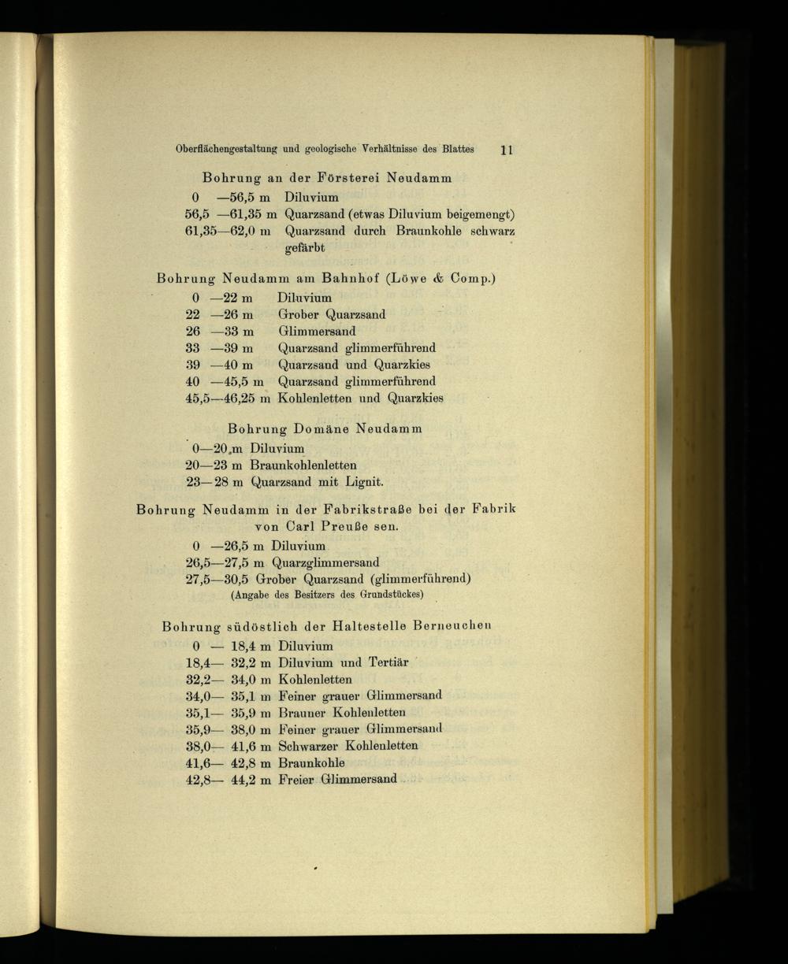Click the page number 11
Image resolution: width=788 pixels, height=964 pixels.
pyautogui.click(x=507, y=150)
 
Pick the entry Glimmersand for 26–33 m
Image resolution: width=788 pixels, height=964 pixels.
pyautogui.click(x=317, y=331)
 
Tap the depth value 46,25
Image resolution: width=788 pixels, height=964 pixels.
pyautogui.click(x=238, y=399)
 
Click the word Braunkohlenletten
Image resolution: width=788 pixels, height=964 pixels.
pyautogui.click(x=303, y=465)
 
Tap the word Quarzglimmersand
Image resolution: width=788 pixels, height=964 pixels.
pyautogui.click(x=325, y=562)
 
